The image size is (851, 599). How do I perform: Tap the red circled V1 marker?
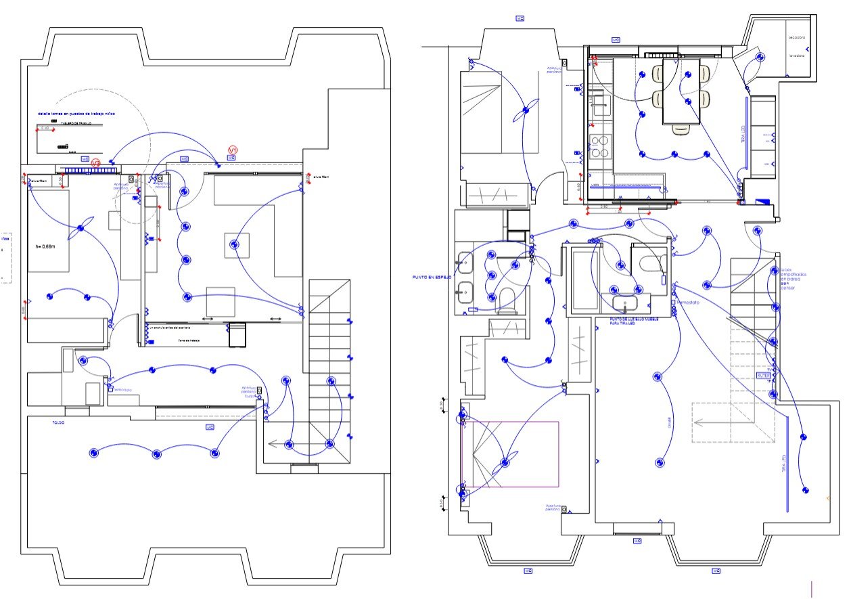click(233, 150)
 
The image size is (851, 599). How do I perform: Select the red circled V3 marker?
click(96, 163)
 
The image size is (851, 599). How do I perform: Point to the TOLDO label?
click(59, 422)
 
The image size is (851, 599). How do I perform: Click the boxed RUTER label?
click(764, 374)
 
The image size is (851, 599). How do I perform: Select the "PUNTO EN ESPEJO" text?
click(432, 277)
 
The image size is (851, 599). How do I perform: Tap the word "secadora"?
click(797, 38)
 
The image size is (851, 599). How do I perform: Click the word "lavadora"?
click(797, 56)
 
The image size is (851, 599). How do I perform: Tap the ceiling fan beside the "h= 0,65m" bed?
click(80, 228)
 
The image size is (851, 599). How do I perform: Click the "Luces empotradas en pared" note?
click(793, 278)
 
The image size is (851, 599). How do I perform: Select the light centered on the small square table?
click(235, 244)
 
